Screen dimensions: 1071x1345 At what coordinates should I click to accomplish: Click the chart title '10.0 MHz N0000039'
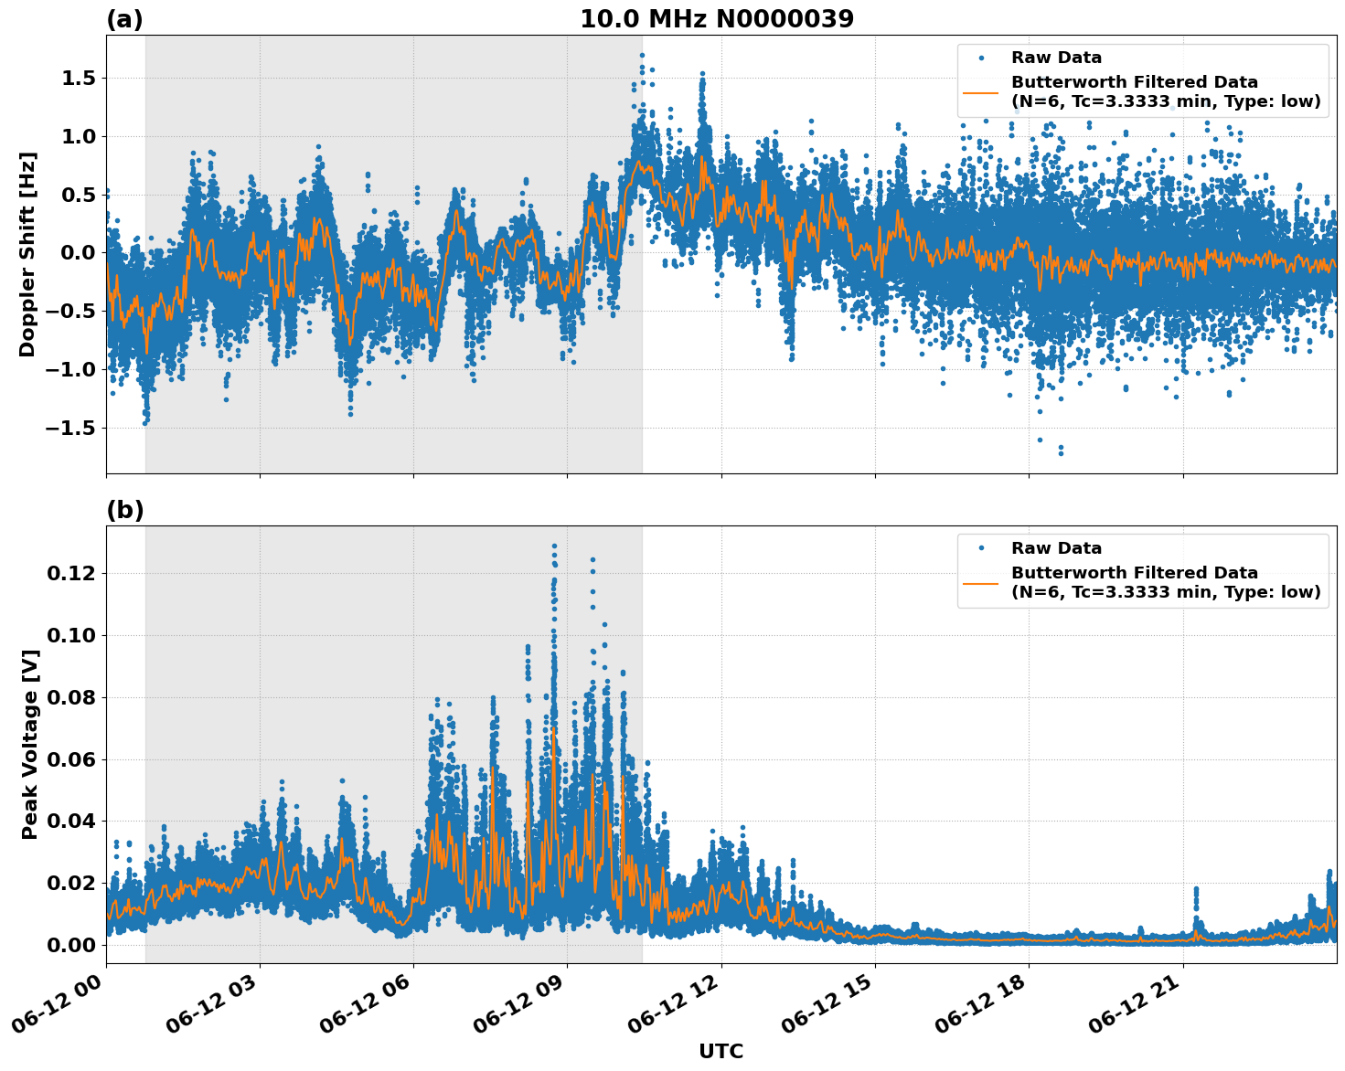click(x=717, y=19)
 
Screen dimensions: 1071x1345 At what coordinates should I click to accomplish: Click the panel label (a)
click(x=124, y=19)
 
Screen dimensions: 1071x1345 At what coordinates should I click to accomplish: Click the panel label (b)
click(x=124, y=510)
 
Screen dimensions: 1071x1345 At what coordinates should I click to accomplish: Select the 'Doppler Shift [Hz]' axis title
click(x=27, y=254)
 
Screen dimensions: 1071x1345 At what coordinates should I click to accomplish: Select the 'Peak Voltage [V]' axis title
click(x=30, y=744)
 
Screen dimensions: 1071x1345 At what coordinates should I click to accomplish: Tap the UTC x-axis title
click(x=721, y=1051)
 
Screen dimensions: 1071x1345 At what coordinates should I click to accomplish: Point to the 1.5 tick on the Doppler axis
click(x=78, y=79)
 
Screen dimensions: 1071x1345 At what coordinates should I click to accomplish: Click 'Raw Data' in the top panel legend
click(x=1056, y=58)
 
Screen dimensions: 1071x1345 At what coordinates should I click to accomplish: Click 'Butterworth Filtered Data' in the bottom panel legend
click(x=1134, y=573)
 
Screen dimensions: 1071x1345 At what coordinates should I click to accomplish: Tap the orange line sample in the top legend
click(x=980, y=91)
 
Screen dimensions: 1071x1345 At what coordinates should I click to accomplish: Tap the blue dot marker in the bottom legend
click(x=980, y=548)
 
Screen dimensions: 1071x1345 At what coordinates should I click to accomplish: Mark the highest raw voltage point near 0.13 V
click(x=554, y=546)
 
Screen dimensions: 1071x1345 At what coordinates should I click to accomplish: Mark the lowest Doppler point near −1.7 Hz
click(x=1061, y=453)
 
